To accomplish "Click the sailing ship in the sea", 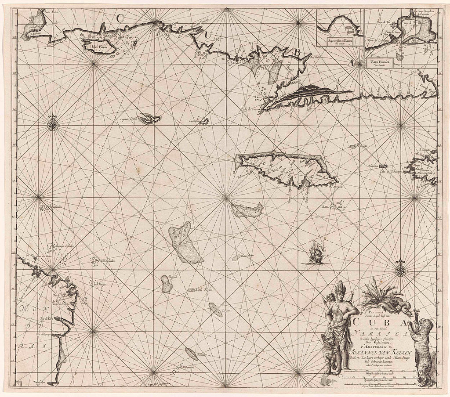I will pos(315,253).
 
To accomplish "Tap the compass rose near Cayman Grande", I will pos(53,124).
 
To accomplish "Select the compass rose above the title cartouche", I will pos(400,269).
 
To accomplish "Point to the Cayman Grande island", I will pos(149,119).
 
